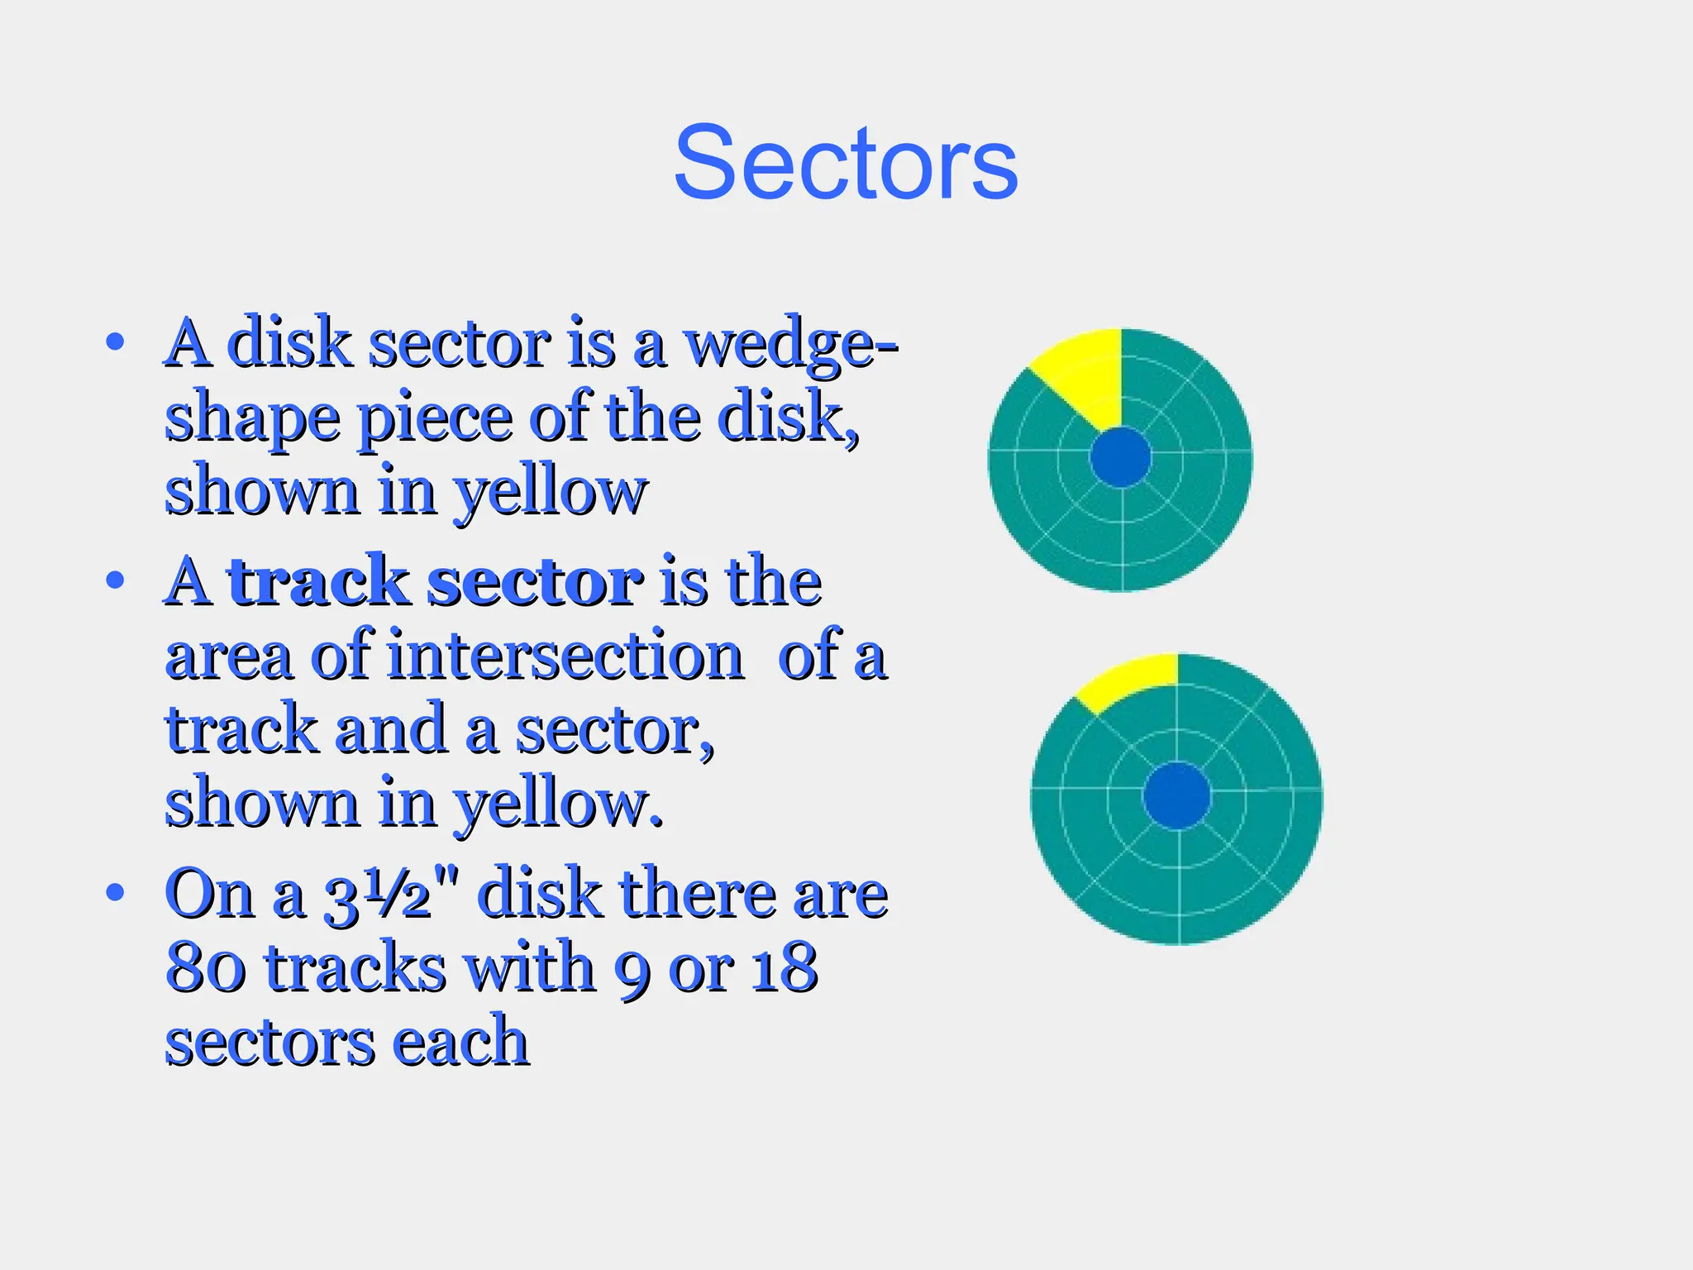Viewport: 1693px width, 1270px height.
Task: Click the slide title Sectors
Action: pos(845,163)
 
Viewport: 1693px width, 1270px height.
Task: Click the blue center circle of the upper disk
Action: pos(1120,457)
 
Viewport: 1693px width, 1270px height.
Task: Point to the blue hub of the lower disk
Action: pos(1176,795)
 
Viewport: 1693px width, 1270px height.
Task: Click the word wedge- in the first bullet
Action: pos(792,345)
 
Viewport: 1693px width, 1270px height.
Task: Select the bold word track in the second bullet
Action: pos(318,581)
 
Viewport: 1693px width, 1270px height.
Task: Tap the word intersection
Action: pos(565,656)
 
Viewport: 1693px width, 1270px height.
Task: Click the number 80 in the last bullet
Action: pos(205,967)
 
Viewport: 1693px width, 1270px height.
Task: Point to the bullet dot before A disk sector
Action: pos(115,341)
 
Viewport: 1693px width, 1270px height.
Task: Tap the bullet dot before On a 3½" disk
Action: pos(115,892)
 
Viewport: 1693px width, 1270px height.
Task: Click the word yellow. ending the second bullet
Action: pos(559,804)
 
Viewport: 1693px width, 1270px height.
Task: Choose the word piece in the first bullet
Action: pos(436,418)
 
